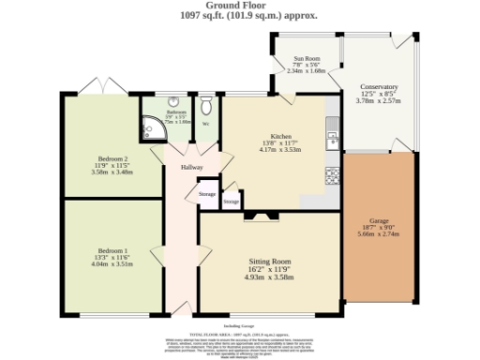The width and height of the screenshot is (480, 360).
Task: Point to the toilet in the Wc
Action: coord(206,104)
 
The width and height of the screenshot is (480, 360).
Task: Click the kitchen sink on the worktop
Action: coord(332,140)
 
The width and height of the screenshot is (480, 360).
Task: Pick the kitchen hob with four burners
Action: coord(332,174)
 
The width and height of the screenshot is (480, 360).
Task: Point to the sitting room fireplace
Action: coord(255,217)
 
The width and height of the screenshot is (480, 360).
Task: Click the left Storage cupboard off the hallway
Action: coord(206,194)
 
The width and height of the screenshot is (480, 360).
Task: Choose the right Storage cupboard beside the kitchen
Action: coord(231,202)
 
